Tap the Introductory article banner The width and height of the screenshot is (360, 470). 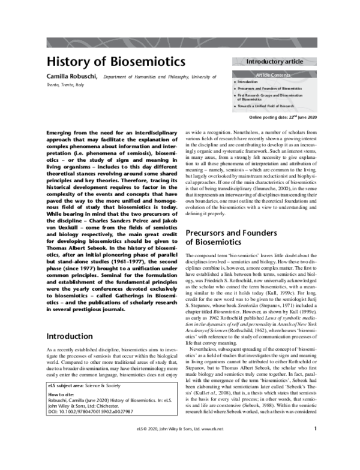(274, 61)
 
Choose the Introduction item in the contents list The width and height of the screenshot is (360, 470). (247, 81)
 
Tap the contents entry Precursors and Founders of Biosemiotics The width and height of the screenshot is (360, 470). (269, 88)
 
